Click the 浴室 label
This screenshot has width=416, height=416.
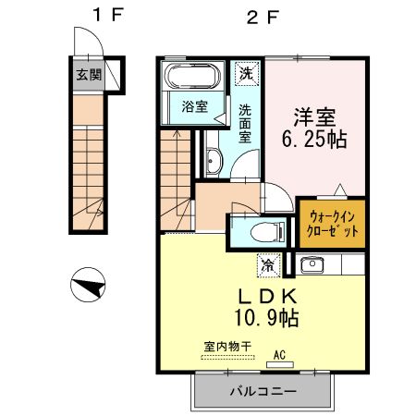pos(193,105)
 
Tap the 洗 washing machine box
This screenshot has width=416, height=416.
pos(245,72)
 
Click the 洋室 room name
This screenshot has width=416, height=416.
pos(313,119)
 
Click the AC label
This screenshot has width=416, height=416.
pos(278,352)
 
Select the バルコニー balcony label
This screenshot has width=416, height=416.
pos(263,391)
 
